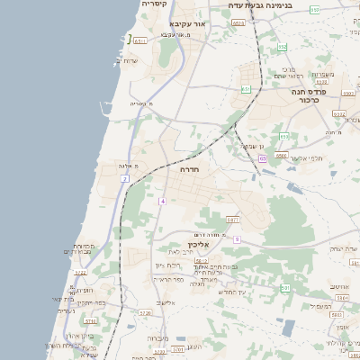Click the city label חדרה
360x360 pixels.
(189, 169)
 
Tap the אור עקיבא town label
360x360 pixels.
(188, 23)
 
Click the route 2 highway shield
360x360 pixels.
(124, 179)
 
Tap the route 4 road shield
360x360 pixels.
(162, 201)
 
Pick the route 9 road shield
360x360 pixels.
(237, 239)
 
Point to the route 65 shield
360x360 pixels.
(262, 158)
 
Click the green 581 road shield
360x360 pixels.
(284, 287)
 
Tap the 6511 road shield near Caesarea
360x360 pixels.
(139, 40)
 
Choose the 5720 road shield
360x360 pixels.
(121, 313)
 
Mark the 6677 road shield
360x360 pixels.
(233, 219)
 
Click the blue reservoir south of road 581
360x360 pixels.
(287, 328)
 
